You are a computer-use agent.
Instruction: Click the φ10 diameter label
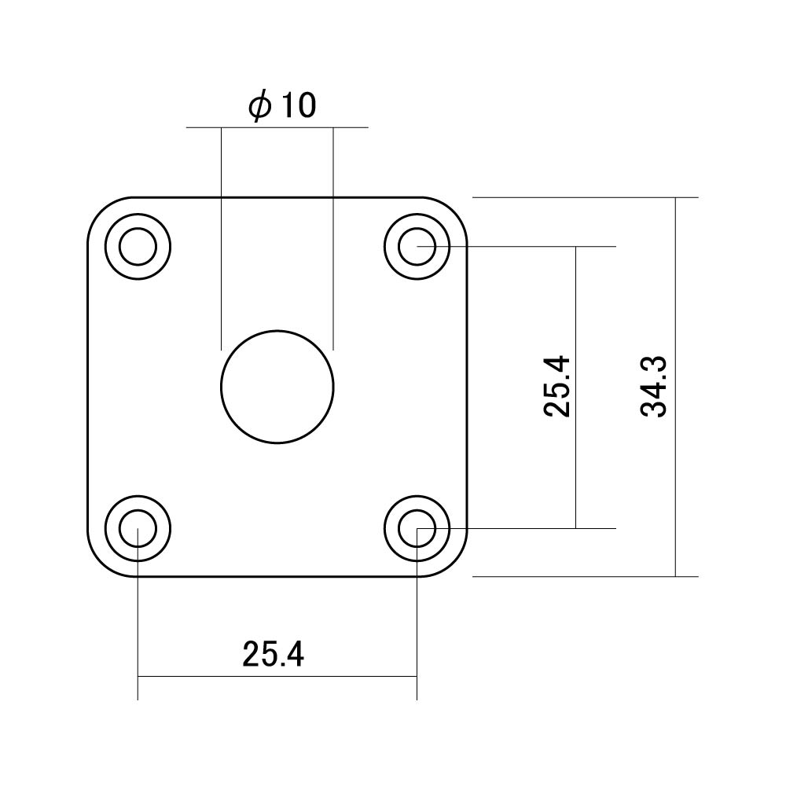coord(282,106)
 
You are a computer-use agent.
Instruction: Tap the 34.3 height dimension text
coord(654,387)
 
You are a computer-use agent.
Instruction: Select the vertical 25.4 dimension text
coord(556,386)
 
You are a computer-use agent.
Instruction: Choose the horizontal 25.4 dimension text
coord(274,654)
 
